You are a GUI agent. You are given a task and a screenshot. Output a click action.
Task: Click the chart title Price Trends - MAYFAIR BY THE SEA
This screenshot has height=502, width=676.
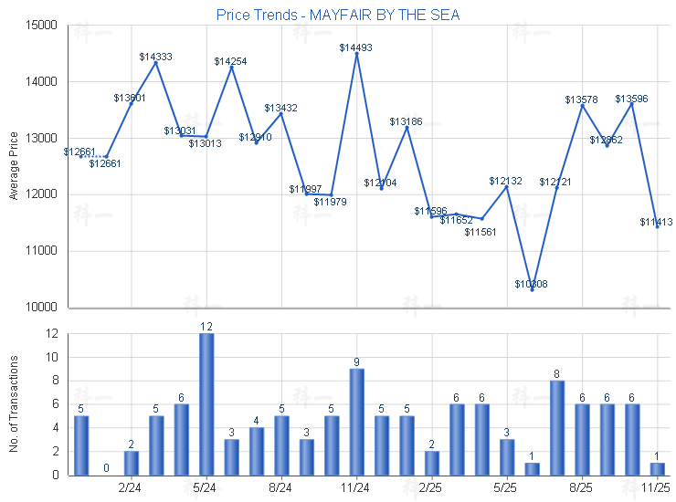338,15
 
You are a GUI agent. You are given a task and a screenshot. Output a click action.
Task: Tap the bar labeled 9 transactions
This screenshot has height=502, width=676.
356,421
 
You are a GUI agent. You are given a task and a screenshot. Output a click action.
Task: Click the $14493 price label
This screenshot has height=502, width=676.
355,47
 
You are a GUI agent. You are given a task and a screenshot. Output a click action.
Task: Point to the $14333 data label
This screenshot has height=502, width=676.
155,57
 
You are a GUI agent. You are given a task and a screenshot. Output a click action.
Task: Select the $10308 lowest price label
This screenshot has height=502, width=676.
531,284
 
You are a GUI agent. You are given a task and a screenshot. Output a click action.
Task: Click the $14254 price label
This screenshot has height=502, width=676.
230,61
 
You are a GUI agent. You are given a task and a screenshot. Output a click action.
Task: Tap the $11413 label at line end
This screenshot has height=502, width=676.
656,222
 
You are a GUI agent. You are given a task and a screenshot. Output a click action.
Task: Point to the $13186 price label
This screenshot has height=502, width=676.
406,121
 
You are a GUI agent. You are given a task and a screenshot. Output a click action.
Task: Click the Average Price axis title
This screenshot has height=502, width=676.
14,165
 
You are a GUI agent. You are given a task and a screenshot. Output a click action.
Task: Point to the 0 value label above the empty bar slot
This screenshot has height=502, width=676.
106,468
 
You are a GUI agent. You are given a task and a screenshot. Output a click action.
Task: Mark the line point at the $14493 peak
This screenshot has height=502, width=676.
356,54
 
